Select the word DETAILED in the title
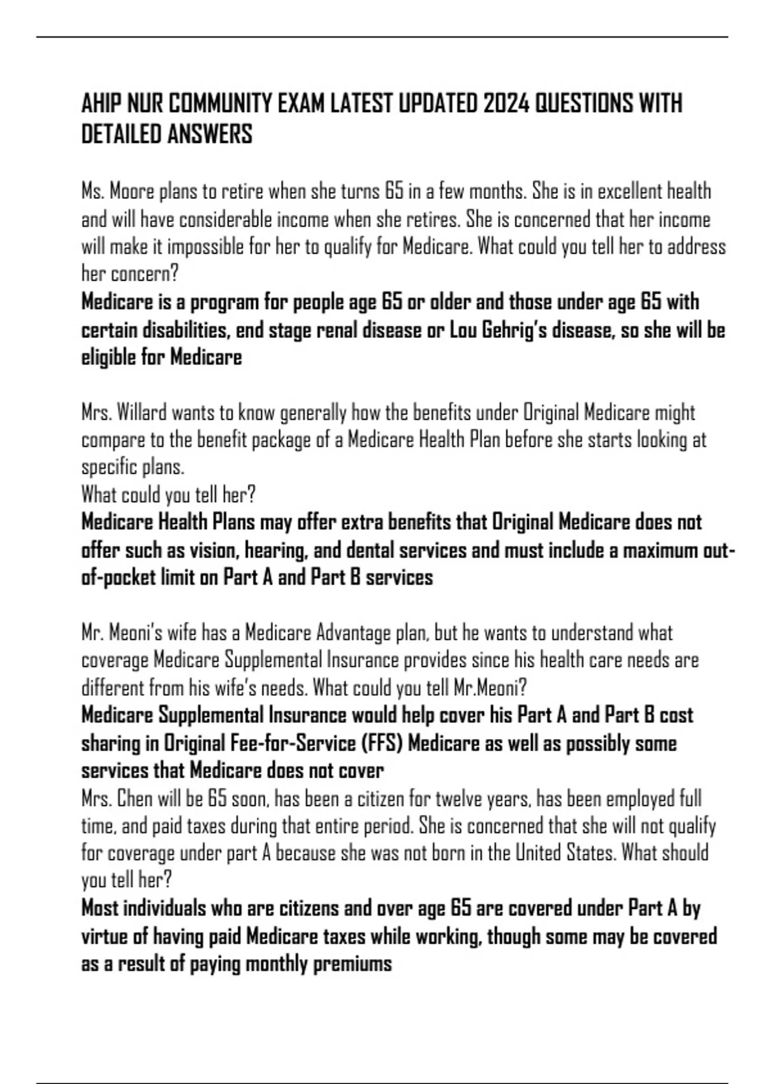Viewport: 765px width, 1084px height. pos(121,135)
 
